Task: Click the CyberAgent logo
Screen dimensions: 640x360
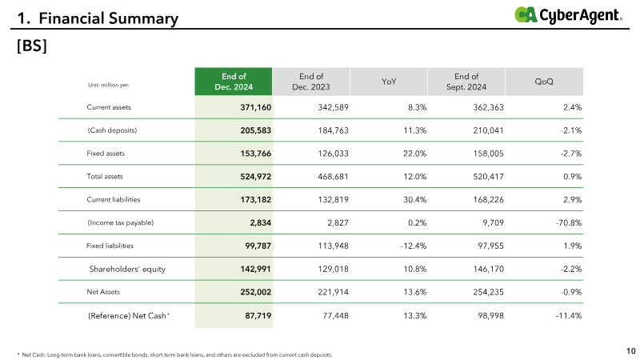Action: pos(568,15)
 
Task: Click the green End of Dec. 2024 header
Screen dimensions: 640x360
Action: pos(234,82)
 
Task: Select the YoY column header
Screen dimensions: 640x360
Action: pos(389,82)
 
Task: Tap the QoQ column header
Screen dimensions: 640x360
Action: pos(544,82)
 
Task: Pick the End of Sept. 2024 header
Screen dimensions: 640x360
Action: pos(466,82)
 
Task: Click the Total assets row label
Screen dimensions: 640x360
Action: pos(105,177)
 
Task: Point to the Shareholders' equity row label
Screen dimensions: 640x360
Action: pos(127,269)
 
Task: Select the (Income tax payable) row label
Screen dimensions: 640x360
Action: pos(121,223)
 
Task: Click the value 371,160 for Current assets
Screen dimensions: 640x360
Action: pos(255,107)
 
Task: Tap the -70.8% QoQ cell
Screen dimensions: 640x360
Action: pos(569,223)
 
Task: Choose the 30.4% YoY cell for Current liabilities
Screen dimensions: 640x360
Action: pos(415,199)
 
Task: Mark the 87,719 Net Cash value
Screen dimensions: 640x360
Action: pos(258,315)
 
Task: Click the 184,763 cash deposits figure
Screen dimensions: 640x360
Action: pos(333,130)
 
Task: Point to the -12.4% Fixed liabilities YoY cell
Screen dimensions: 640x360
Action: pos(414,246)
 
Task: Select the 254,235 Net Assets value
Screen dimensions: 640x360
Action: pos(488,292)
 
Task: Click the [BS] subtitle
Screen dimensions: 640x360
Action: pos(32,46)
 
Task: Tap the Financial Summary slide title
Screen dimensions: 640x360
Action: pos(98,18)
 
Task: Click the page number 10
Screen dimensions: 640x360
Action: pos(631,351)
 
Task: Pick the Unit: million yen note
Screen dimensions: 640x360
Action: pos(108,85)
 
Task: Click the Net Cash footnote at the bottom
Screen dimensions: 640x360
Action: pos(174,354)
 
